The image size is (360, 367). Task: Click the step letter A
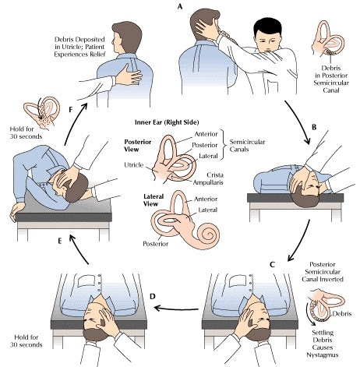click(180, 7)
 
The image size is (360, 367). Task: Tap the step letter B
click(314, 127)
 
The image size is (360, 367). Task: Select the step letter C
click(272, 265)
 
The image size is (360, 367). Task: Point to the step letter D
click(153, 296)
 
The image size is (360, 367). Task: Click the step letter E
click(60, 241)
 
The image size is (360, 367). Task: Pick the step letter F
click(71, 110)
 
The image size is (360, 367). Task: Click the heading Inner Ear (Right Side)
click(167, 122)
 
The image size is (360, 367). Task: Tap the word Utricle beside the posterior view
click(133, 165)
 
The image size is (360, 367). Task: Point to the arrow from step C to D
click(177, 309)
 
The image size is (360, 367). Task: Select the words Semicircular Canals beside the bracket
click(247, 146)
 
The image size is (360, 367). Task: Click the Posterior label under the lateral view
click(156, 244)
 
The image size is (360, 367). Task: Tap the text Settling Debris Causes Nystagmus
click(323, 344)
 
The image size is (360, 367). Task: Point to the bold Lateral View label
click(154, 200)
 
